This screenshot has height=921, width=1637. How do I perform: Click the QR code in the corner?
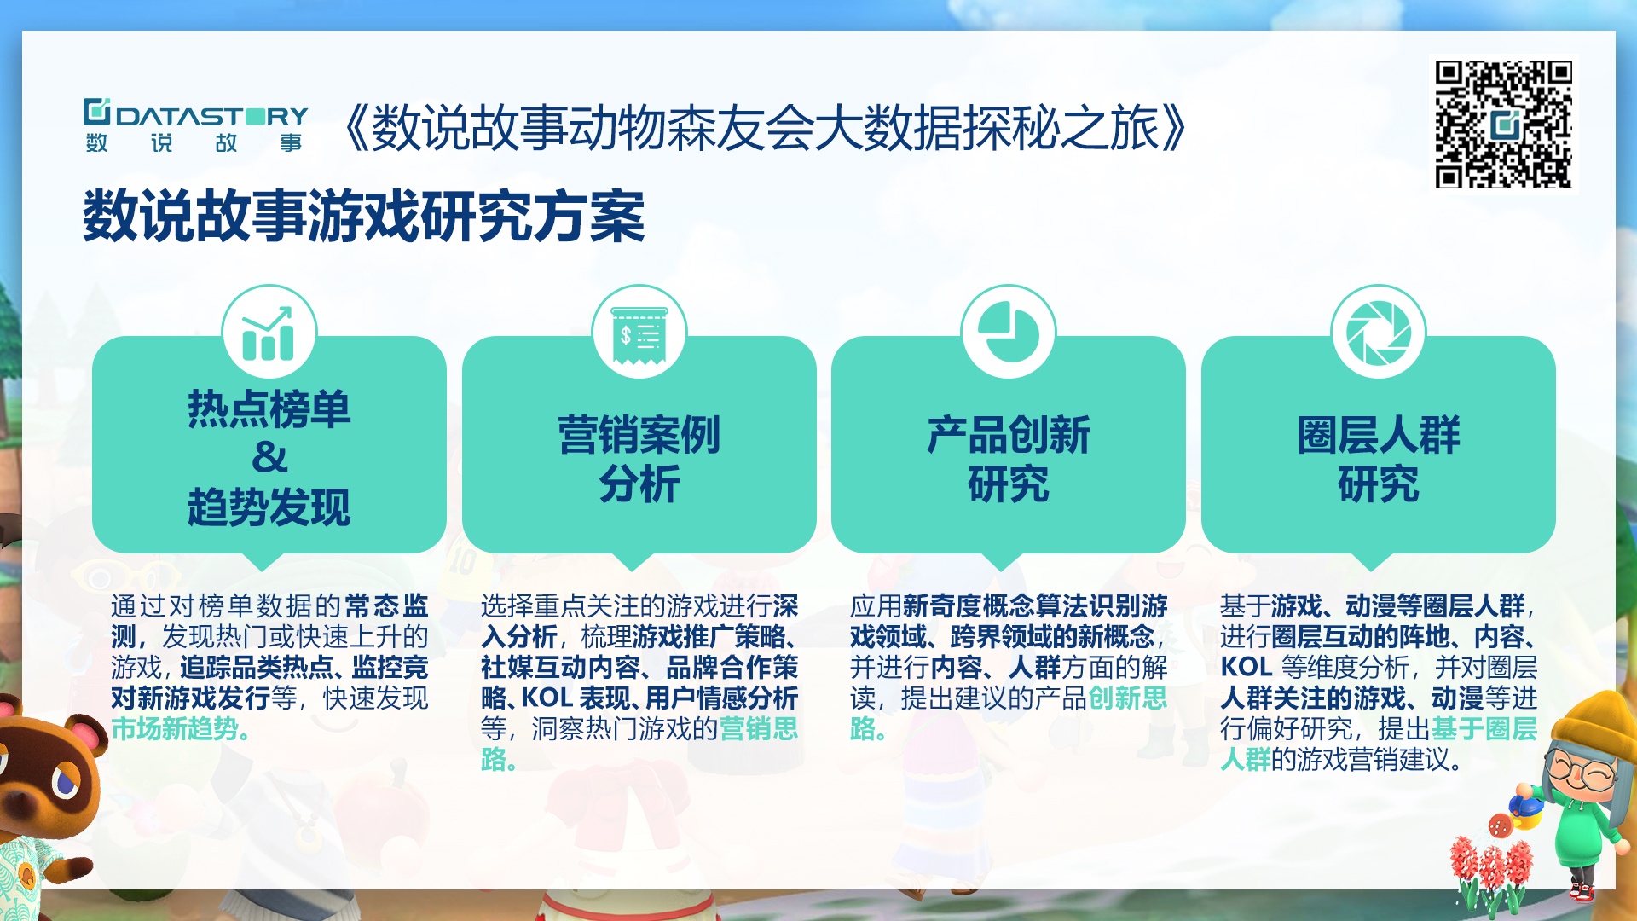1503,125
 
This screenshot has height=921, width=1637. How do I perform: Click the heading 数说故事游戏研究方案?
364,217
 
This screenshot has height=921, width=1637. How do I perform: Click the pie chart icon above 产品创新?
1008,332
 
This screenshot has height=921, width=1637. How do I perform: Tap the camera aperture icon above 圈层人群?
1378,333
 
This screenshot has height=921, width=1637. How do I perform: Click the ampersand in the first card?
269,458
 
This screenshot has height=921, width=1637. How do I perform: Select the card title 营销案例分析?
639,460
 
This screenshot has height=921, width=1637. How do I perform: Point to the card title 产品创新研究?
1009,460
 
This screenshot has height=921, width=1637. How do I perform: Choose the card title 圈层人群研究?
1379,460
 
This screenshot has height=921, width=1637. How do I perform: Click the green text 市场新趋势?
175,729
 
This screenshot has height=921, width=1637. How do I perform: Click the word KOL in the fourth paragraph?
1246,668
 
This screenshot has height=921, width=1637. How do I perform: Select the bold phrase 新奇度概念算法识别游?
1035,606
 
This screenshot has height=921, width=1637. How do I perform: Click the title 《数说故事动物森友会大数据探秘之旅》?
765,128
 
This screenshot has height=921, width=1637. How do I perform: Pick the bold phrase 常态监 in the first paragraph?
386,606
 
